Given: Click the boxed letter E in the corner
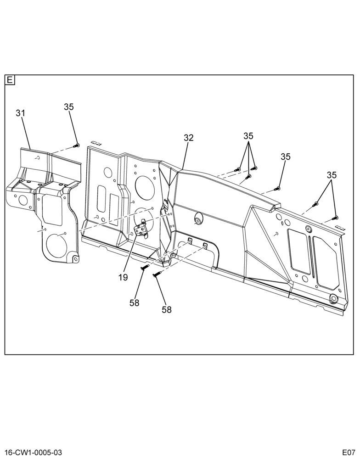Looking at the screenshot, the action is click(10, 80).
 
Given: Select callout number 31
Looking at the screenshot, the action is click(21, 113).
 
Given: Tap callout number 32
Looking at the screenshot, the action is click(189, 138).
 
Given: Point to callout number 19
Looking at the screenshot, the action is click(124, 277).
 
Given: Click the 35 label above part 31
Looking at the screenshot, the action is click(69, 107).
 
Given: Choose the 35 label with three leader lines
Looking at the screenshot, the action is click(248, 136).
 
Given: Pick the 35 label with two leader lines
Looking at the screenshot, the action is click(332, 175).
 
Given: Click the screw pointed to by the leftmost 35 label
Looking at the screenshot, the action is click(76, 146).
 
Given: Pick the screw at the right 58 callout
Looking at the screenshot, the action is click(157, 274).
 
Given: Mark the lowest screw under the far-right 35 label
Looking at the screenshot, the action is click(335, 218).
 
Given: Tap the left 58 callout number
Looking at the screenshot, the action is click(135, 302).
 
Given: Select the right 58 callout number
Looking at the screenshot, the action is click(166, 309).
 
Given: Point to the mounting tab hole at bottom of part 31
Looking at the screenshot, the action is click(76, 259).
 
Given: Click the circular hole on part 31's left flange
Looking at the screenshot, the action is click(22, 200).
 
